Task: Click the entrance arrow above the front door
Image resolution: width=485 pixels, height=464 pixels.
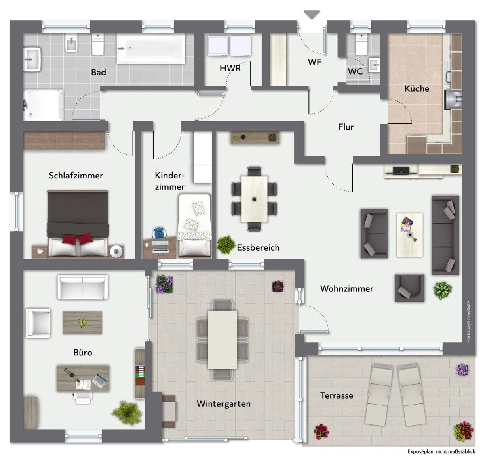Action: coord(312,15)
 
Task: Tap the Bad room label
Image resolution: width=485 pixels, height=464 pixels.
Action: coord(99,72)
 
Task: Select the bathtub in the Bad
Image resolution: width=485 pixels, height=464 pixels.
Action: coord(151,49)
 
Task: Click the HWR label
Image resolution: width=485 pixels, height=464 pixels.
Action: coord(230,68)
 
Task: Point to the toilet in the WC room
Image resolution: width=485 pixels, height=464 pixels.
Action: coord(362,44)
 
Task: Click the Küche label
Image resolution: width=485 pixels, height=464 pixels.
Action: coord(417,88)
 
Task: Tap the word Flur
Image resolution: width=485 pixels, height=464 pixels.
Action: coord(346,127)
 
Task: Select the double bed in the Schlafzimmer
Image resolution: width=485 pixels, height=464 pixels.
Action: coord(78,224)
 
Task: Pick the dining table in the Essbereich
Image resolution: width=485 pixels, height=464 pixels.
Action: coord(254,199)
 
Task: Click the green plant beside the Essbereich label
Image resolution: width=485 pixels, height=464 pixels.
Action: coord(226,245)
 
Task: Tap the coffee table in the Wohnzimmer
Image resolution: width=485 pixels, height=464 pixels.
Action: coord(409,235)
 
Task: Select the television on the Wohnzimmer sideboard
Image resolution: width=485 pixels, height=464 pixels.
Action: coord(401,170)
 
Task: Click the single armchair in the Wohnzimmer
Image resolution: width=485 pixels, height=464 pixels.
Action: coord(409,288)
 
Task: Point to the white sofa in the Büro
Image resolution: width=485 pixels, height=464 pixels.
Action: coord(82,287)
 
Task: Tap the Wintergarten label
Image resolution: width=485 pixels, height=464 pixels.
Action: coord(224,403)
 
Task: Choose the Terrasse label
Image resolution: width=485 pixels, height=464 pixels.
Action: coord(336,395)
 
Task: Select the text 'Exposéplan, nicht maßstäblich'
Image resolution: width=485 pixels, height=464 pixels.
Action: coord(441,451)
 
